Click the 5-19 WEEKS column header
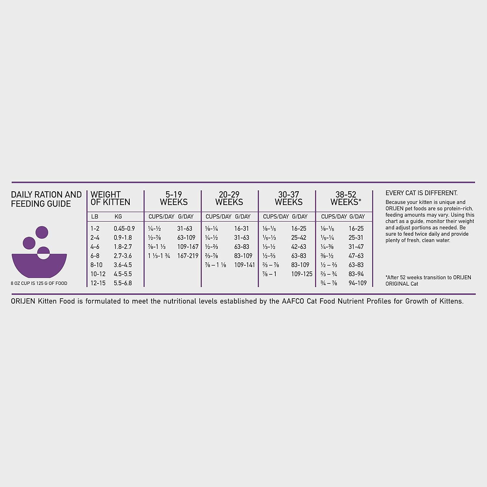pos(174,198)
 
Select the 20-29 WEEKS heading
pos(229,198)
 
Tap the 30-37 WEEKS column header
pos(288,198)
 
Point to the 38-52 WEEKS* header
pos(345,198)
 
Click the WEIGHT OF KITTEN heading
pos(110,198)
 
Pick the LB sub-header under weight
pos(94,217)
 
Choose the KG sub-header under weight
pos(118,217)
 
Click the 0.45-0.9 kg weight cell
pos(124,229)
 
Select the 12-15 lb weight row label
pos(98,283)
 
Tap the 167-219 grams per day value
pos(188,256)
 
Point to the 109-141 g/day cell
pos(244,265)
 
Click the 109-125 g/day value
pos(302,274)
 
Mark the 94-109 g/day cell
pos(357,283)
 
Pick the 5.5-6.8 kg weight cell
pos(123,283)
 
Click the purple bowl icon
pos(39,265)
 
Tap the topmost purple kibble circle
pos(42,232)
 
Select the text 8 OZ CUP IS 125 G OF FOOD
pos(39,283)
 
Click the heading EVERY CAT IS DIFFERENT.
pos(421,193)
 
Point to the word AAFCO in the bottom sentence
pos(293,301)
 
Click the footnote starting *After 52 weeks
pos(428,281)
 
